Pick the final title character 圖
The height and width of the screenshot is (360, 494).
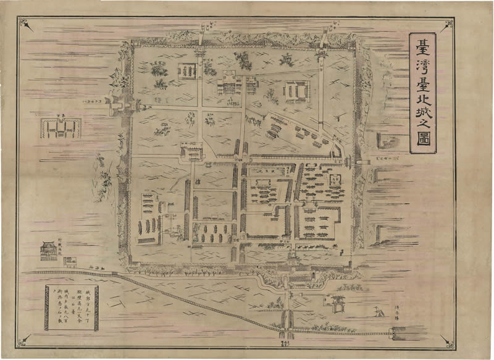coord(423,146)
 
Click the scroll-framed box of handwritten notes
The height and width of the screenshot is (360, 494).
coord(72,307)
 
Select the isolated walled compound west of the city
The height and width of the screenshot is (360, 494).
coord(58,128)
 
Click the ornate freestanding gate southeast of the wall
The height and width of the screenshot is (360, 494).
coord(338,302)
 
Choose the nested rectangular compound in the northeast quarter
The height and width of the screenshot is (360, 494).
coord(296,91)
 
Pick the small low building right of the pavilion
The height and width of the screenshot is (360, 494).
coord(70,261)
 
